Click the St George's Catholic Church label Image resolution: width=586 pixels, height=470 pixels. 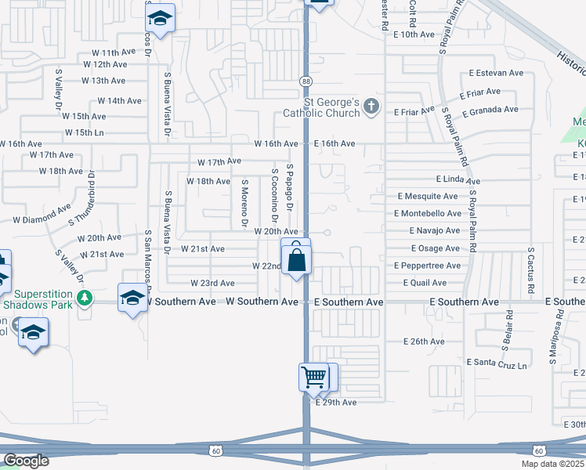(x=331, y=107)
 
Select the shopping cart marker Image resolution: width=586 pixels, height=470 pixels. (x=314, y=378)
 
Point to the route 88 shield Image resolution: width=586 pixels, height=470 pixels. (x=306, y=81)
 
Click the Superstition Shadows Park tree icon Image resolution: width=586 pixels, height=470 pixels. (x=84, y=298)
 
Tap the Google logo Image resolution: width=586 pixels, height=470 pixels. (x=25, y=460)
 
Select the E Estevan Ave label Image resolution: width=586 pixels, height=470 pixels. (x=496, y=73)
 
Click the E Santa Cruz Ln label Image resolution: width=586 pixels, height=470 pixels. (x=497, y=363)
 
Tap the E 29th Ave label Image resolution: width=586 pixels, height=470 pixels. (x=335, y=403)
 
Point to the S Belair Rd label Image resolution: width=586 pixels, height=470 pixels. (x=508, y=329)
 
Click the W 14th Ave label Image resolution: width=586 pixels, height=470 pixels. (x=119, y=101)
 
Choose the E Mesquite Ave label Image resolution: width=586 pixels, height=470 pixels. (x=429, y=196)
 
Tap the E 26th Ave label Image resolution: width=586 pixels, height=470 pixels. (x=424, y=342)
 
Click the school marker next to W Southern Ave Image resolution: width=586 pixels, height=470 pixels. (x=132, y=298)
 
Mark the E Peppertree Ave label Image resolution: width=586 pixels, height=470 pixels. (x=429, y=266)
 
